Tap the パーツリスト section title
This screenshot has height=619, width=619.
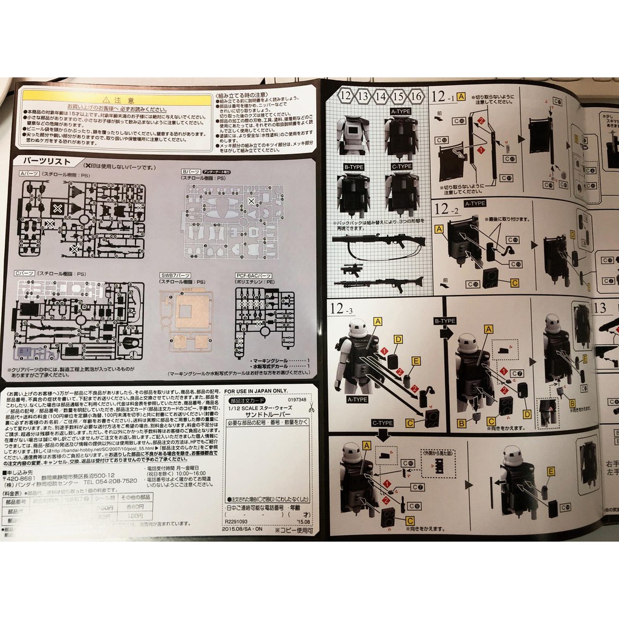(x=46, y=161)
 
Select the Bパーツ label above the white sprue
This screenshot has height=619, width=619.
(x=195, y=172)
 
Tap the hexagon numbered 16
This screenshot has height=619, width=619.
(x=416, y=96)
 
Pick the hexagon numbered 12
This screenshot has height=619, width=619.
(x=346, y=96)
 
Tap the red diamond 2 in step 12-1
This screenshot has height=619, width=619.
(x=481, y=121)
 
